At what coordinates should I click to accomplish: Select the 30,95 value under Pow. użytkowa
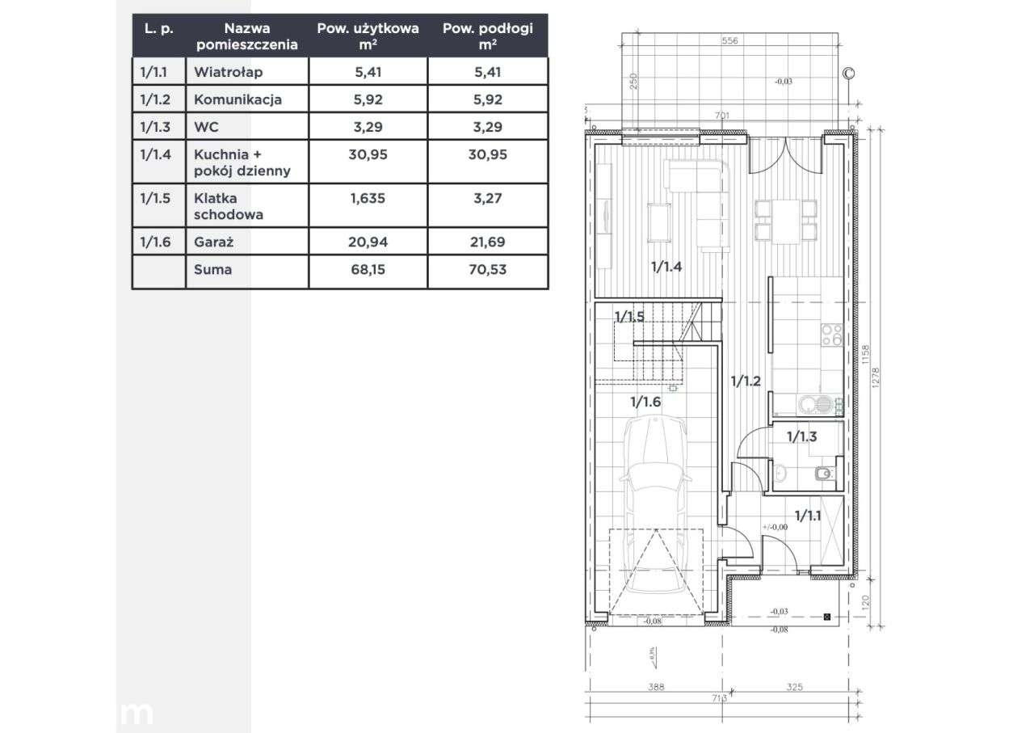tap(368, 154)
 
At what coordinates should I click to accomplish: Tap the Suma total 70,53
tap(487, 270)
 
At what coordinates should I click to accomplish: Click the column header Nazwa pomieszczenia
tap(246, 36)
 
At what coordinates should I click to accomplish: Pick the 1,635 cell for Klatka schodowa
tap(368, 198)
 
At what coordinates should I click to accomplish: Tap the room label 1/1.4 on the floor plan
tap(667, 268)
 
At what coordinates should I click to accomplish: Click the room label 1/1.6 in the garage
tap(645, 401)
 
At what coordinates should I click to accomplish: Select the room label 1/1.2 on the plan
tap(746, 381)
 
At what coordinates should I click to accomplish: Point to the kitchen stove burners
tap(831, 335)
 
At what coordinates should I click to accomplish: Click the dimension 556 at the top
tap(730, 40)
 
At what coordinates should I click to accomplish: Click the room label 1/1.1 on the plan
tap(808, 515)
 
